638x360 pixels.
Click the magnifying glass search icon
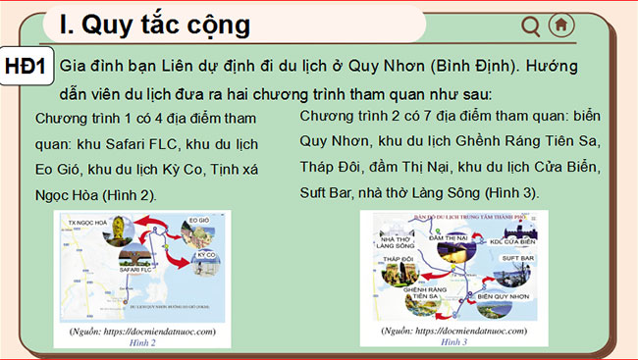point(531,26)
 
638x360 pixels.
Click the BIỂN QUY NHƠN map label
point(509,294)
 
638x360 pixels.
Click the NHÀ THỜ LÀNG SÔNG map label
point(397,240)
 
